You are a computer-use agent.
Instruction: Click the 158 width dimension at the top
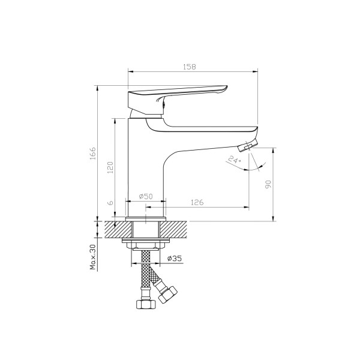pos(190,67)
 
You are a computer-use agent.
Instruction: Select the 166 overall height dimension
pos(92,154)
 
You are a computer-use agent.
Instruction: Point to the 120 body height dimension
pos(110,167)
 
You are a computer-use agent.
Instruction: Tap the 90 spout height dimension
pos(268,184)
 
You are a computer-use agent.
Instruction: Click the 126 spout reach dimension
pos(197,203)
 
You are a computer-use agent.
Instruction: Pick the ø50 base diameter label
pos(146,197)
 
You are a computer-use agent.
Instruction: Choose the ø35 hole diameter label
pos(175,258)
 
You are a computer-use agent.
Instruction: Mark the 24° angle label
pos(235,160)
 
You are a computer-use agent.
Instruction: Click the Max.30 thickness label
pos(92,257)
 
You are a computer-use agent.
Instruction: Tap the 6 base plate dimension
pos(110,203)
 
